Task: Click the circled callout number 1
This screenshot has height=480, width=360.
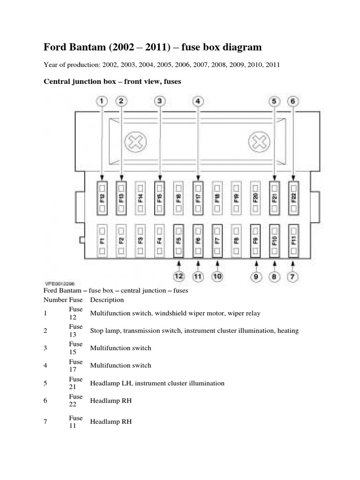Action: (102, 100)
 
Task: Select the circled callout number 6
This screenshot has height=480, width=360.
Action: (293, 100)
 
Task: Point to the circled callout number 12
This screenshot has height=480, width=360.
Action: (179, 277)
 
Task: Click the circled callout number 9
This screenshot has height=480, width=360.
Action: (255, 277)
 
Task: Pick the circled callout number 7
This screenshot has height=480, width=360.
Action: (292, 277)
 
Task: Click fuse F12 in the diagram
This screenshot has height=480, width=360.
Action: (102, 198)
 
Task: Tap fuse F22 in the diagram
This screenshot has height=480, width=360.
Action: (293, 198)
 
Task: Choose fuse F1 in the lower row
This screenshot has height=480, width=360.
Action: (102, 240)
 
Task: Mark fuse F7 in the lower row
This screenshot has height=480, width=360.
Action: (217, 240)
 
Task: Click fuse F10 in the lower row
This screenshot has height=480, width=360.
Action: (274, 240)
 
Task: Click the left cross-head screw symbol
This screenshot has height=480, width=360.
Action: (135, 142)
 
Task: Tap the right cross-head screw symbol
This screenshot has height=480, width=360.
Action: (258, 142)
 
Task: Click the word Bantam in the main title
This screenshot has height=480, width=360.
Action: (88, 47)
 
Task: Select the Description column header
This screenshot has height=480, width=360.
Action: (107, 300)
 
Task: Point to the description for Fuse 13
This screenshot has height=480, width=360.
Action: (194, 330)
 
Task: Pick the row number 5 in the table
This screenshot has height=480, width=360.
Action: (45, 383)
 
